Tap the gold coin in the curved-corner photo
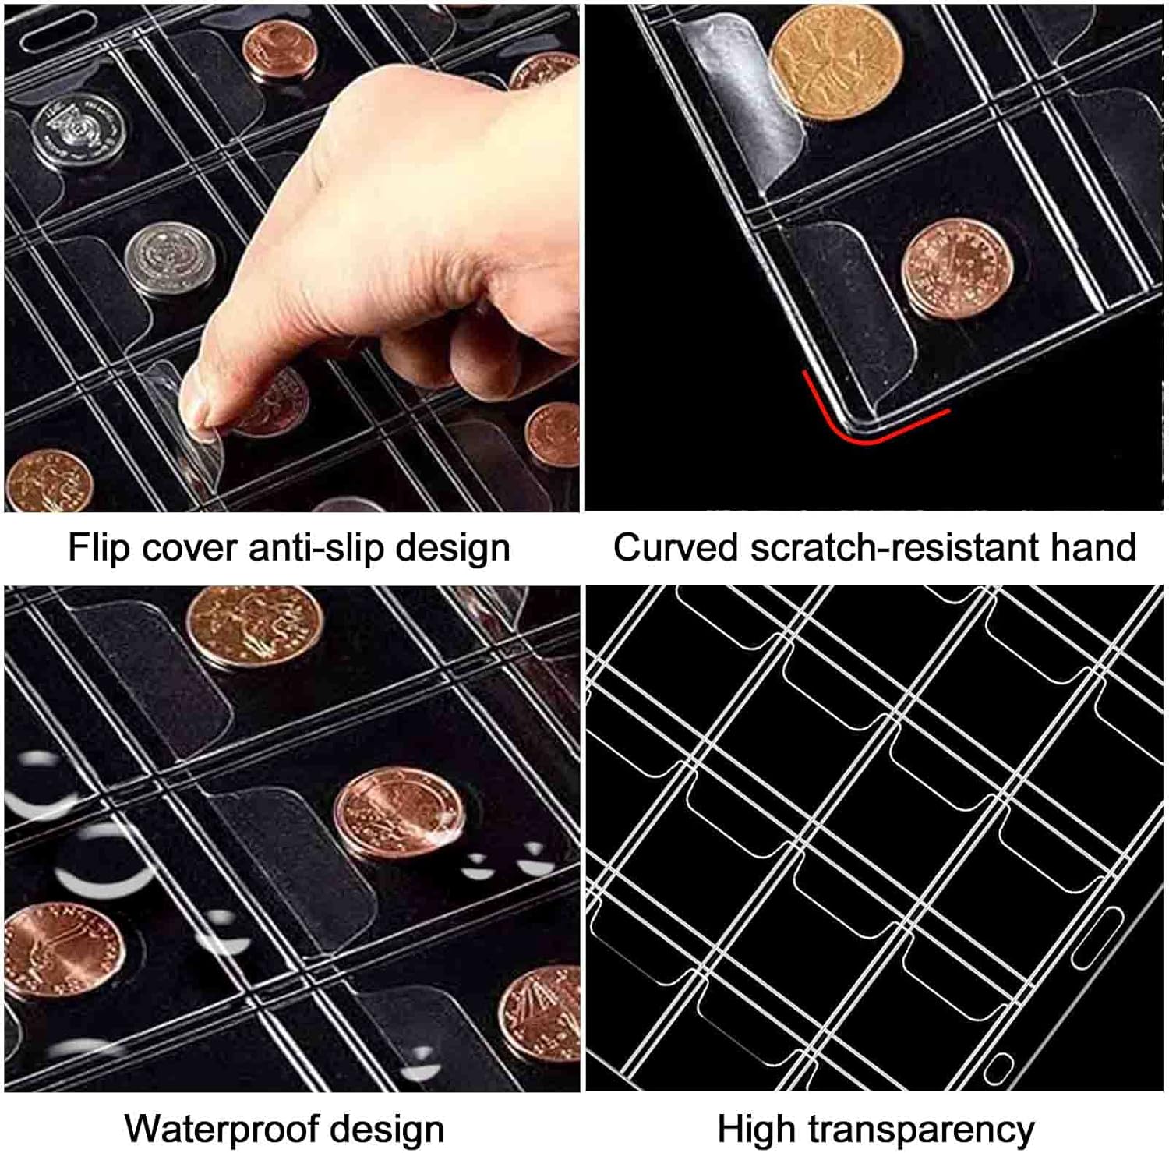pos(836,62)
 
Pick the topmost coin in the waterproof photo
pos(254,626)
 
